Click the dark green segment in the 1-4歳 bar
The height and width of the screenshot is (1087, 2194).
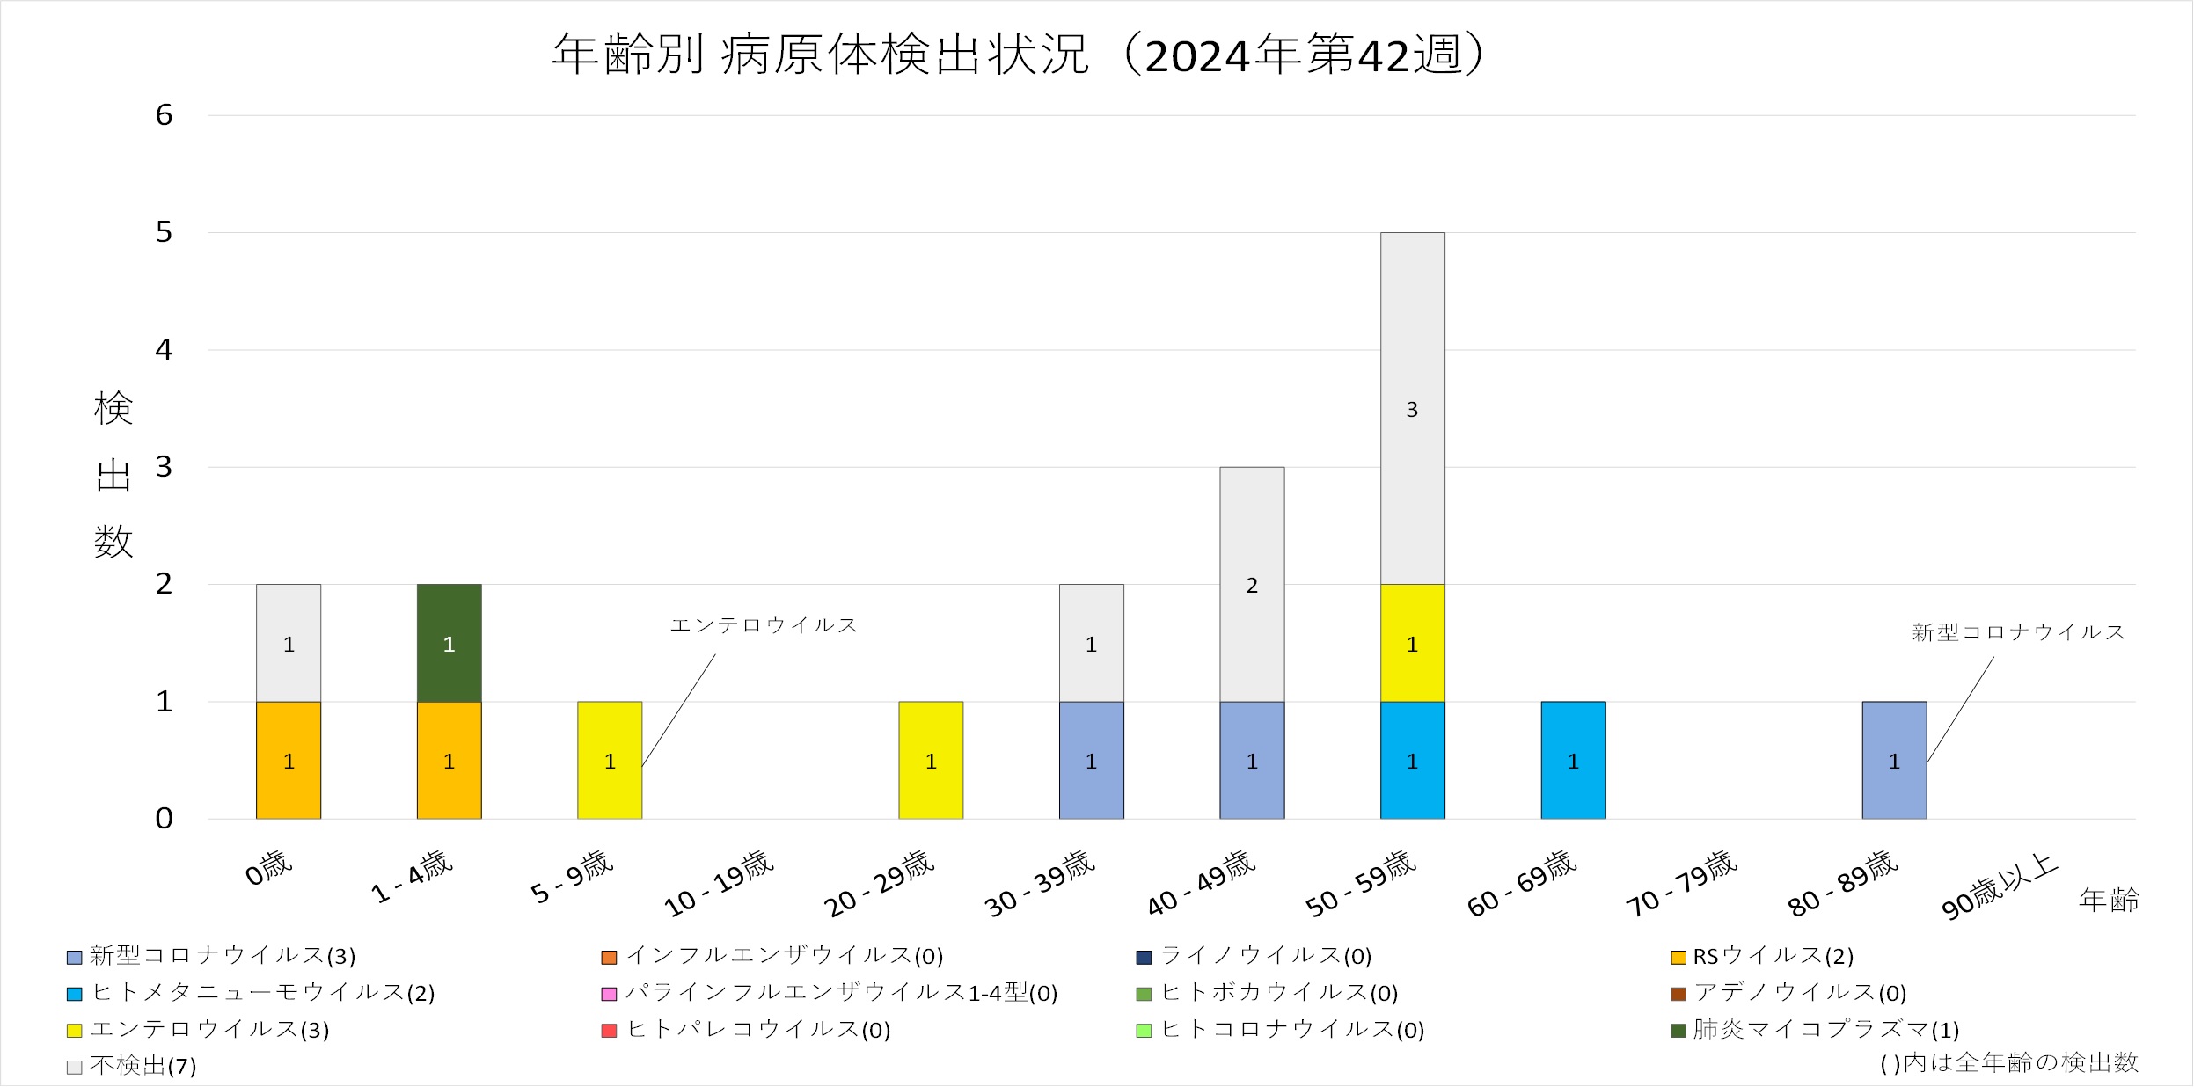point(449,643)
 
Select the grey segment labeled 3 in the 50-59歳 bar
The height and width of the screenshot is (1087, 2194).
point(1412,408)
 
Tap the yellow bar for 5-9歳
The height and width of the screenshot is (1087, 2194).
point(610,760)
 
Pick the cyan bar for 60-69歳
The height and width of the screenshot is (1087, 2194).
point(1573,760)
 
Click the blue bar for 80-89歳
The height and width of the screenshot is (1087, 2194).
point(1894,760)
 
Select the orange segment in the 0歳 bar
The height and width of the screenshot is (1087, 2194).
point(289,760)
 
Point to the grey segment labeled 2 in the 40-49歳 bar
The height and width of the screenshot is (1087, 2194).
point(1252,584)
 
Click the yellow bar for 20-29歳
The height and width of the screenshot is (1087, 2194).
point(931,760)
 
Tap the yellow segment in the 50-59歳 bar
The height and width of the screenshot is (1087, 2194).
point(1412,643)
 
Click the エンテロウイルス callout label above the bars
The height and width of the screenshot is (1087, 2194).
point(764,625)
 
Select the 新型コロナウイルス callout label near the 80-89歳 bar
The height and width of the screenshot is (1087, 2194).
point(2018,632)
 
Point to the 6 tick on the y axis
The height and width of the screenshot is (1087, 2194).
point(165,115)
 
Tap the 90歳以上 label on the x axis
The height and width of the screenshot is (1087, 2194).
point(2000,886)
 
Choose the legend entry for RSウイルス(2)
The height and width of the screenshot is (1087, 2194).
point(1763,956)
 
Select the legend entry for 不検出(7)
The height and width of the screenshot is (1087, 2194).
point(132,1066)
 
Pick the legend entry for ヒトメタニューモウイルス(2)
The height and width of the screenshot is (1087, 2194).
point(252,993)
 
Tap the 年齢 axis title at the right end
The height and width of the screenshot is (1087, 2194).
point(2109,900)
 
